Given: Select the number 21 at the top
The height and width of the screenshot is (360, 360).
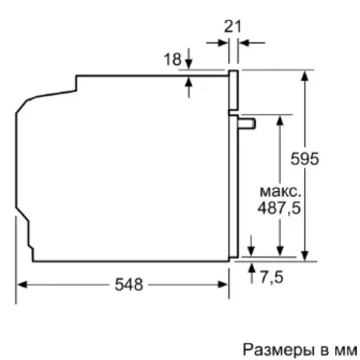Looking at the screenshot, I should coord(233,26).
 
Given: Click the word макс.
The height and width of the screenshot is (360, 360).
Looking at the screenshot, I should coord(279,192).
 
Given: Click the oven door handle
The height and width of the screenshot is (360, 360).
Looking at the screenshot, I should coord(248,122).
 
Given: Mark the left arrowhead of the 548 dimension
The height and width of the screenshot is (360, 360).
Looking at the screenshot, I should coord(22,284).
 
